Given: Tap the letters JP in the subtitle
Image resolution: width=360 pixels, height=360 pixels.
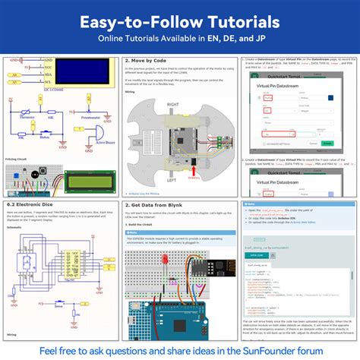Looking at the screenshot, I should [x=252, y=42].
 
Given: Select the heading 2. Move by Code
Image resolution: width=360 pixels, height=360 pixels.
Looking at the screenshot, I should [x=148, y=60].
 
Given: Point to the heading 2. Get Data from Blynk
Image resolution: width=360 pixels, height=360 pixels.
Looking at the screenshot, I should [x=159, y=206].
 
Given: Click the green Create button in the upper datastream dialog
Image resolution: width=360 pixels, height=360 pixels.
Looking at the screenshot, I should [x=327, y=142].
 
